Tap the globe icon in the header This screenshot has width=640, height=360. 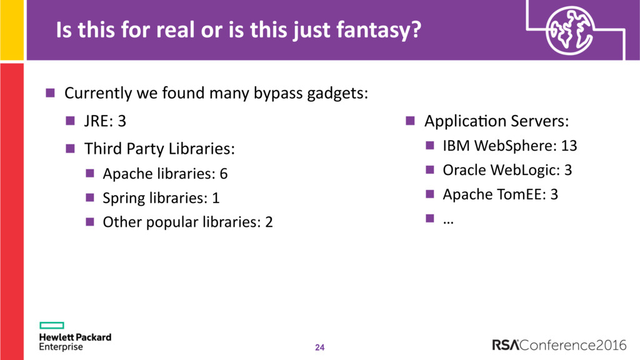(570, 31)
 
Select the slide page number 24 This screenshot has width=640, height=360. (319, 347)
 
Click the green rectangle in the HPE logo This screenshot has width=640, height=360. (52, 325)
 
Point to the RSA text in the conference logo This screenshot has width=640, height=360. (505, 345)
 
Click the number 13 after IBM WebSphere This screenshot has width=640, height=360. (569, 146)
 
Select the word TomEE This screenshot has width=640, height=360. (516, 194)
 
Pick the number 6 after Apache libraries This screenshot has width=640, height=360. (224, 174)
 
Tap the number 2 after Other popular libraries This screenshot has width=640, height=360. (269, 222)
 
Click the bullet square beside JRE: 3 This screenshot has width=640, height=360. (70, 121)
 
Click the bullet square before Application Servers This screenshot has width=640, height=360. (410, 121)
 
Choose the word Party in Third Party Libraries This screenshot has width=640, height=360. (145, 149)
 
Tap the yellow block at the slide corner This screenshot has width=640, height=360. (12, 30)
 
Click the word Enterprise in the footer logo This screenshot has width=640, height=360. (61, 347)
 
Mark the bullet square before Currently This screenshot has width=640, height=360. (50, 92)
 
